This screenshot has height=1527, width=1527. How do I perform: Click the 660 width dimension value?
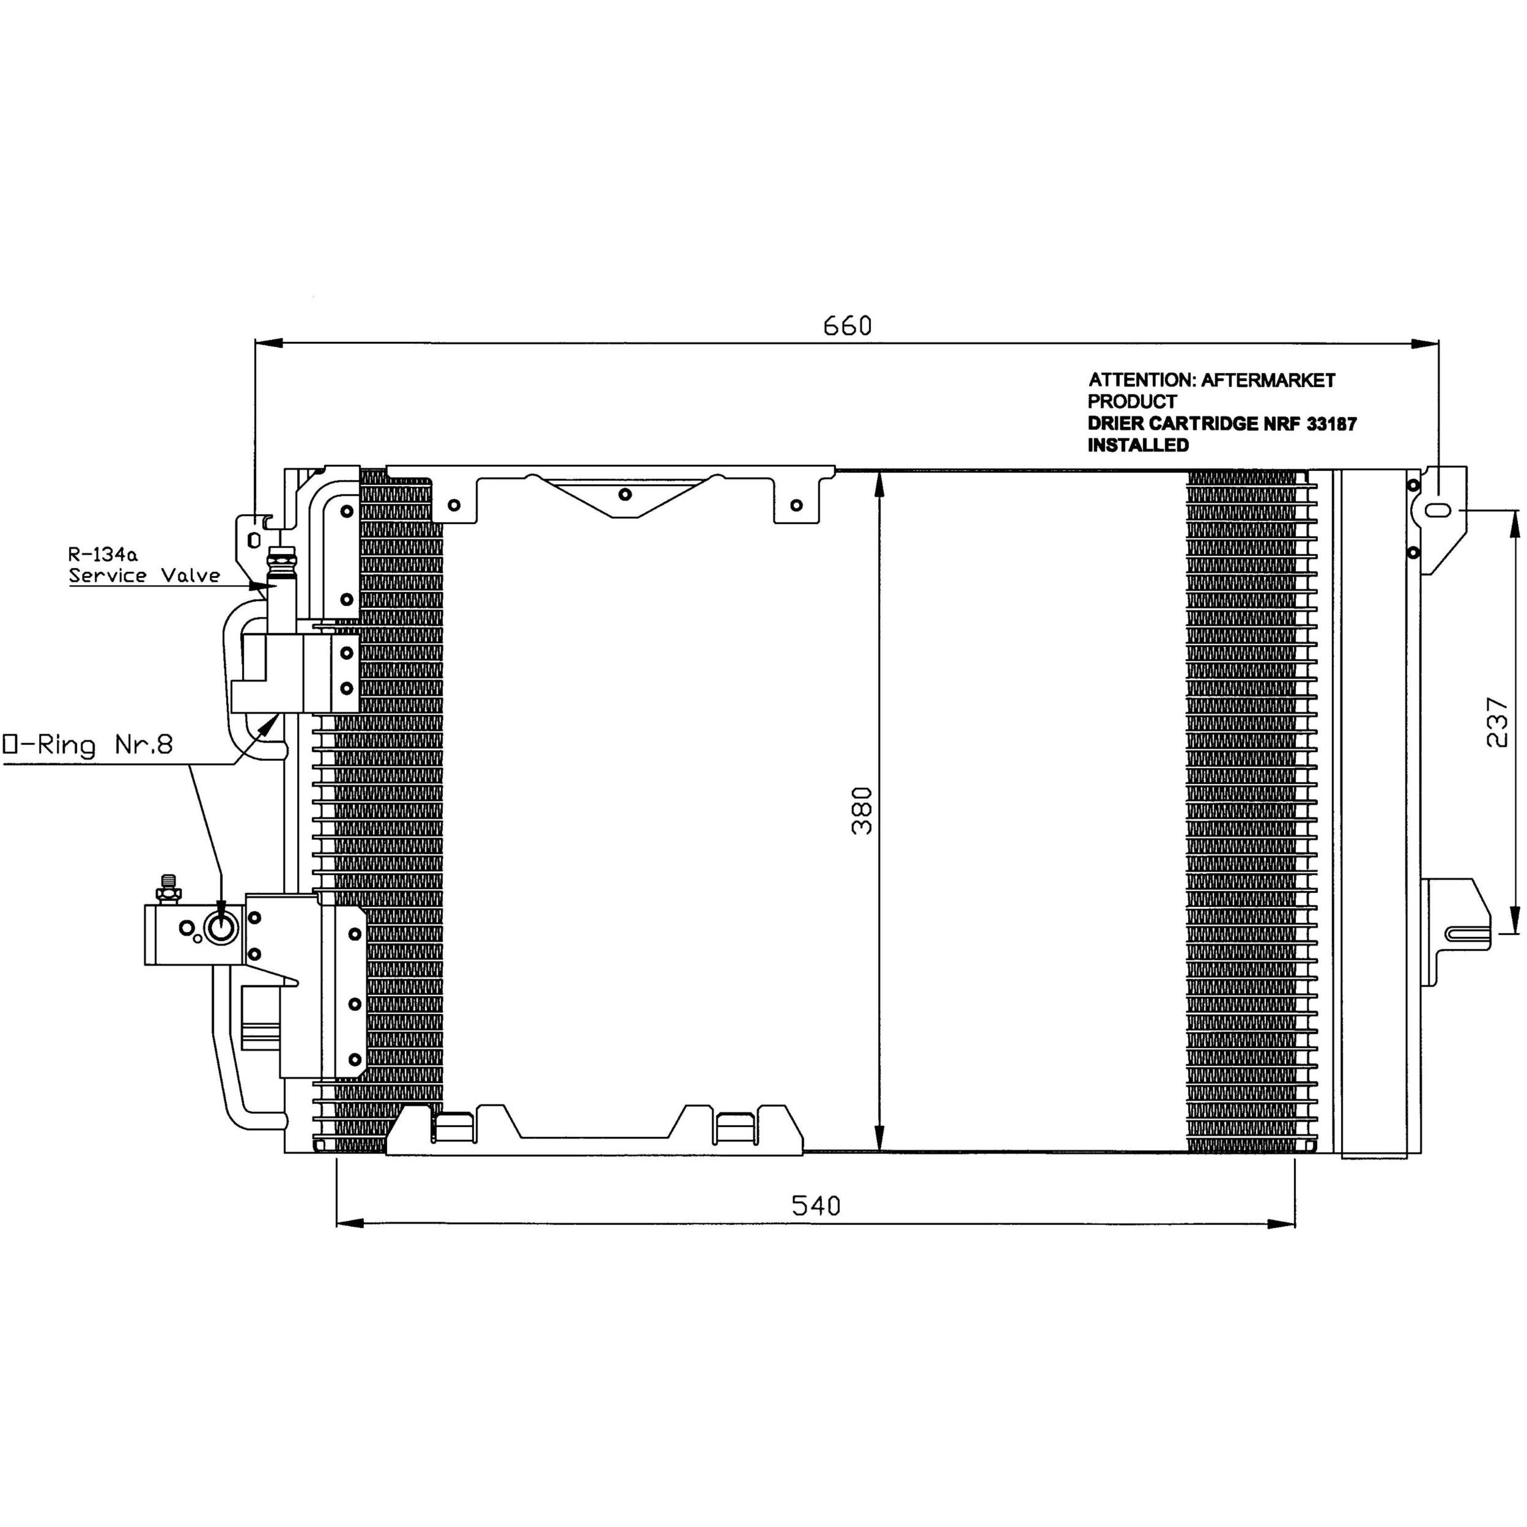tap(847, 325)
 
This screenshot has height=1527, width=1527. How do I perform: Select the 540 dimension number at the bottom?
tap(816, 1205)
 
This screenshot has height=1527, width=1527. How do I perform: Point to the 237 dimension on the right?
tap(1497, 722)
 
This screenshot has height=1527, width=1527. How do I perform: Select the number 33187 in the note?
tap(1332, 424)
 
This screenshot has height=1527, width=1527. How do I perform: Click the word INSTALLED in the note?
tap(1138, 445)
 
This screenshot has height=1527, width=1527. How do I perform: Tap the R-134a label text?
tap(103, 554)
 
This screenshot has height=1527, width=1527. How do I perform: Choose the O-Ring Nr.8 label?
tap(87, 744)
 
